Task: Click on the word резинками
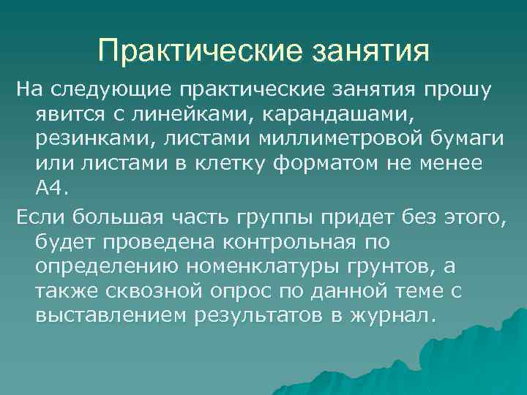pos(84,138)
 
